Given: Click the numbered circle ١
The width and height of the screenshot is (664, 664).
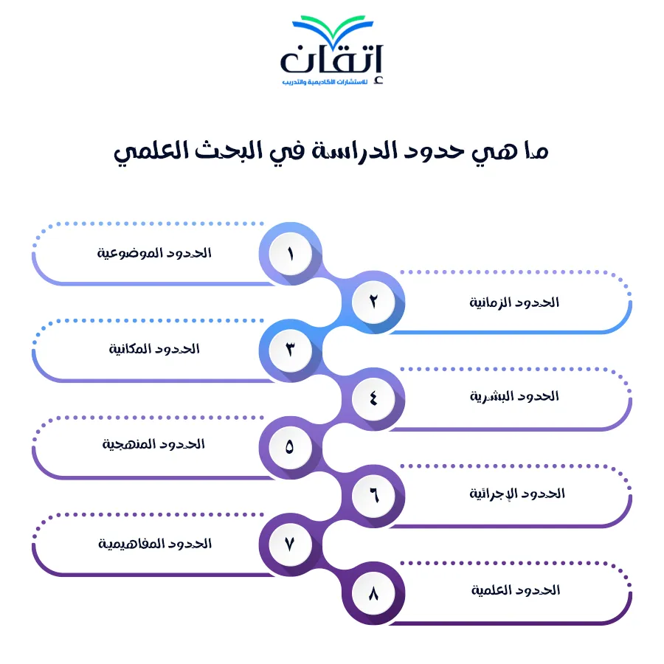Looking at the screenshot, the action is click(291, 254).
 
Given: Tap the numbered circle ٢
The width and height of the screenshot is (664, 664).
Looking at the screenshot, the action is click(373, 302).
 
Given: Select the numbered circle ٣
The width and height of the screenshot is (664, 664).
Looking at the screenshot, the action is click(291, 350).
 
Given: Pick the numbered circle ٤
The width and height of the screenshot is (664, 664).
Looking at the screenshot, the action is click(373, 399).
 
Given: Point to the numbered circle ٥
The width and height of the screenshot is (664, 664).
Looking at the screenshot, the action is click(291, 448).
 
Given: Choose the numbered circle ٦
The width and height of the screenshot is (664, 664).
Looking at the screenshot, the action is click(373, 496).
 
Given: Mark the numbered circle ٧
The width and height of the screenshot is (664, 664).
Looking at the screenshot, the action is click(291, 544).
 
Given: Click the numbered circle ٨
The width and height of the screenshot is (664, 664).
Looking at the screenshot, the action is click(373, 593).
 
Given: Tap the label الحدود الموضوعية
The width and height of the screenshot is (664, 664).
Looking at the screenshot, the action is click(154, 253).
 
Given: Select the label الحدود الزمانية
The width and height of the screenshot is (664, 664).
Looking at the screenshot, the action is click(514, 302).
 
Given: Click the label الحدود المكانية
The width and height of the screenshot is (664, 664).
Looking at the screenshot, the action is click(154, 349).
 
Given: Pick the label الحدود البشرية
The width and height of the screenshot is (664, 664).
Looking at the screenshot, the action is click(514, 396).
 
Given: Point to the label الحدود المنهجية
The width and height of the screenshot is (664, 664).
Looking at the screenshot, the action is click(153, 444).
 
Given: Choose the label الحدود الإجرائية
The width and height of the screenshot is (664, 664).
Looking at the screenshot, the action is click(517, 494).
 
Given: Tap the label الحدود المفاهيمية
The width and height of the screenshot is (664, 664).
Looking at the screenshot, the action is click(155, 544).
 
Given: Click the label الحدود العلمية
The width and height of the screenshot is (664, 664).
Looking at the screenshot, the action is click(516, 590).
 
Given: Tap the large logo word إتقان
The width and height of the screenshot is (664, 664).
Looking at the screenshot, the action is click(331, 59).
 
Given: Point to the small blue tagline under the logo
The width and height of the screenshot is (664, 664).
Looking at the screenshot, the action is click(325, 82).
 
